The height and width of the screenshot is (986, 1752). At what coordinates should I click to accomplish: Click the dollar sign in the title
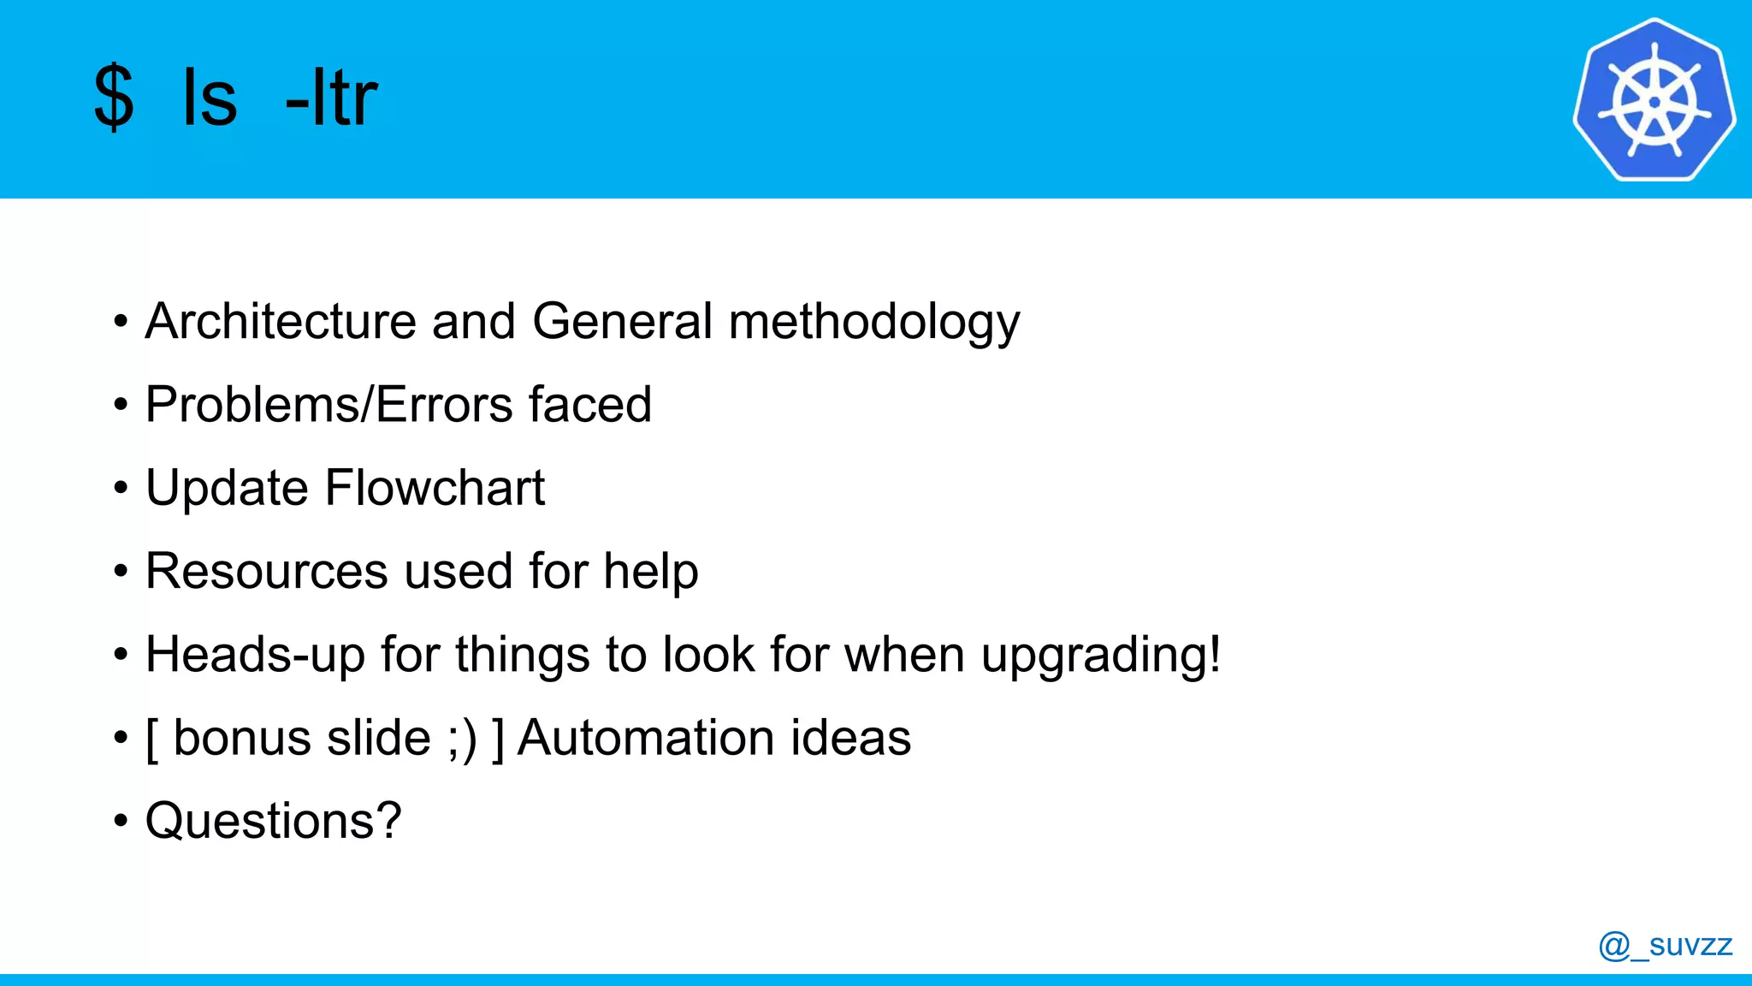click(x=114, y=98)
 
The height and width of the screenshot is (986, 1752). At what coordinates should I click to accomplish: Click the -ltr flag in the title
click(x=331, y=98)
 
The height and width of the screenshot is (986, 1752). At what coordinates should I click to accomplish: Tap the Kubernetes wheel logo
click(x=1654, y=100)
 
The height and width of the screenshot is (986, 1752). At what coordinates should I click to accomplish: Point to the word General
click(x=622, y=322)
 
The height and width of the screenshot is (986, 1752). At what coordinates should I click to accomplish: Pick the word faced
click(x=590, y=404)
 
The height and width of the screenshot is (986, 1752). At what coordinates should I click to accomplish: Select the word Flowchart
click(x=435, y=488)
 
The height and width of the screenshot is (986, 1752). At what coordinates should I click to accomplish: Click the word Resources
click(x=267, y=571)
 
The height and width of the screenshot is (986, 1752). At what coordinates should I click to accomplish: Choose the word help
click(x=650, y=572)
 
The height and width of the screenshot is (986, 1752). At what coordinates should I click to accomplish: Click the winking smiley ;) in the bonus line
click(x=462, y=739)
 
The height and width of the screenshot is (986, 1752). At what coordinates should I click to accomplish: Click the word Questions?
click(x=273, y=821)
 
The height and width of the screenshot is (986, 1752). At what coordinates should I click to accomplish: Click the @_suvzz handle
click(x=1665, y=945)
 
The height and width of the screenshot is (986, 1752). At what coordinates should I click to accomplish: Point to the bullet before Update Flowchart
click(x=121, y=489)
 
